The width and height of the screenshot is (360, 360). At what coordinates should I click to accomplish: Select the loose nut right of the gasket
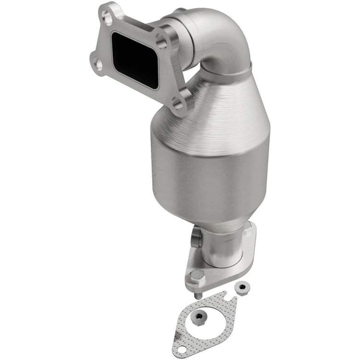tap(240, 287)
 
